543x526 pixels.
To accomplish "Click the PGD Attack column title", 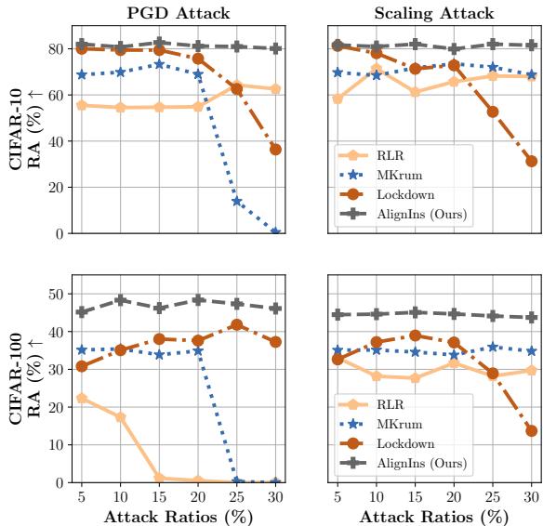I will pyautogui.click(x=178, y=13).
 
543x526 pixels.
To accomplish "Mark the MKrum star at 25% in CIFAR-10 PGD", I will pyautogui.click(x=237, y=201).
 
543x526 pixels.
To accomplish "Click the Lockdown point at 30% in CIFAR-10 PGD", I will pyautogui.click(x=275, y=149).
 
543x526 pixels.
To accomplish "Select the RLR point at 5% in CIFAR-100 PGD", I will pyautogui.click(x=82, y=398).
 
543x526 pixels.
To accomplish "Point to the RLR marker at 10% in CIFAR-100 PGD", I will pyautogui.click(x=121, y=417).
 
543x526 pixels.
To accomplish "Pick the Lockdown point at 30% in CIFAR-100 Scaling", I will pyautogui.click(x=531, y=430).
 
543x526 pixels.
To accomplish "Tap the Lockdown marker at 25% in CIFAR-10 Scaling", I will pyautogui.click(x=493, y=112).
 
